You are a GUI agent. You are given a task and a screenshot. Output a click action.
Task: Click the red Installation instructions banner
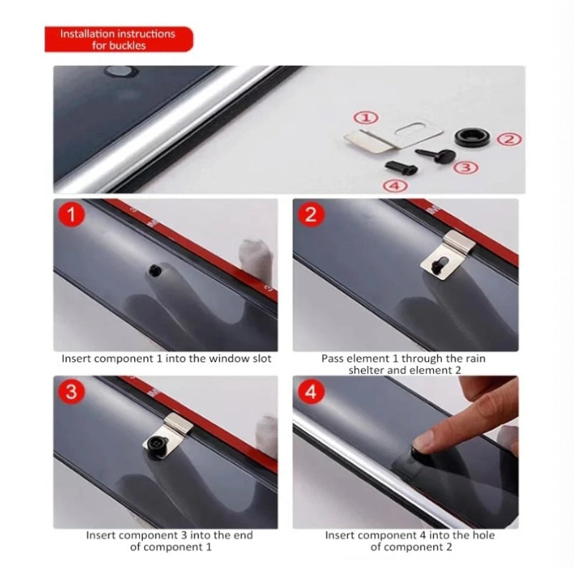point(118,39)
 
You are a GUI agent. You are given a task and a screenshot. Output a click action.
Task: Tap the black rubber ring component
point(472,136)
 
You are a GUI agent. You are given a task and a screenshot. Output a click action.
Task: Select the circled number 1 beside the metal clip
point(366,118)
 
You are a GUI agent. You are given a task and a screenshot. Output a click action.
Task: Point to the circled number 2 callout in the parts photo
point(509,139)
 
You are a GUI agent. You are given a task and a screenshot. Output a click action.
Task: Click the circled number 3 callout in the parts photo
point(466,168)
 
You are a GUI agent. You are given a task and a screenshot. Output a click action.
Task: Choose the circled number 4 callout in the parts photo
point(395,186)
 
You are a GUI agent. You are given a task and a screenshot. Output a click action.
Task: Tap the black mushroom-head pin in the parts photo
point(436,155)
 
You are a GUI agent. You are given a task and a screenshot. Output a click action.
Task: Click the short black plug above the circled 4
point(401,167)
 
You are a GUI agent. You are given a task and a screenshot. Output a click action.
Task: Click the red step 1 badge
point(71,214)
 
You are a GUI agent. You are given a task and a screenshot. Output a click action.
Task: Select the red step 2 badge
point(311,214)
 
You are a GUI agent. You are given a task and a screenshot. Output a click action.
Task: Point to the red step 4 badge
point(311,391)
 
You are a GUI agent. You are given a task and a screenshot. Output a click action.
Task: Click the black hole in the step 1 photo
point(155,270)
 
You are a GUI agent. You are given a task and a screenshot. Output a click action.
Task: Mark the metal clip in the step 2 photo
point(447,255)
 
